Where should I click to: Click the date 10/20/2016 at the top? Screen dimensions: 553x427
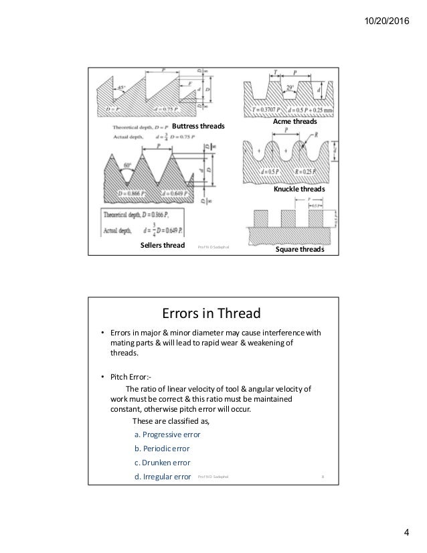pyautogui.click(x=392, y=11)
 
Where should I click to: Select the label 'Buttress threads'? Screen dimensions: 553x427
pyautogui.click(x=198, y=126)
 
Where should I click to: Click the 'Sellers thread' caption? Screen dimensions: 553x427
pyautogui.click(x=163, y=247)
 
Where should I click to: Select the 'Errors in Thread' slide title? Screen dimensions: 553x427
pyautogui.click(x=213, y=313)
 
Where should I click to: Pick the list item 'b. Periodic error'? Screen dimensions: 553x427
pyautogui.click(x=163, y=449)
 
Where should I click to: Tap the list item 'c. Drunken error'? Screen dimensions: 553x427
pyautogui.click(x=162, y=463)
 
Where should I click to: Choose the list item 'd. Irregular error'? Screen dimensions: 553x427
pyautogui.click(x=163, y=477)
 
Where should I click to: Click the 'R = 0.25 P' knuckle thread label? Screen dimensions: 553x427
pyautogui.click(x=304, y=176)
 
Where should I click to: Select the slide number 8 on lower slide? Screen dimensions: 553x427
pyautogui.click(x=323, y=478)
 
